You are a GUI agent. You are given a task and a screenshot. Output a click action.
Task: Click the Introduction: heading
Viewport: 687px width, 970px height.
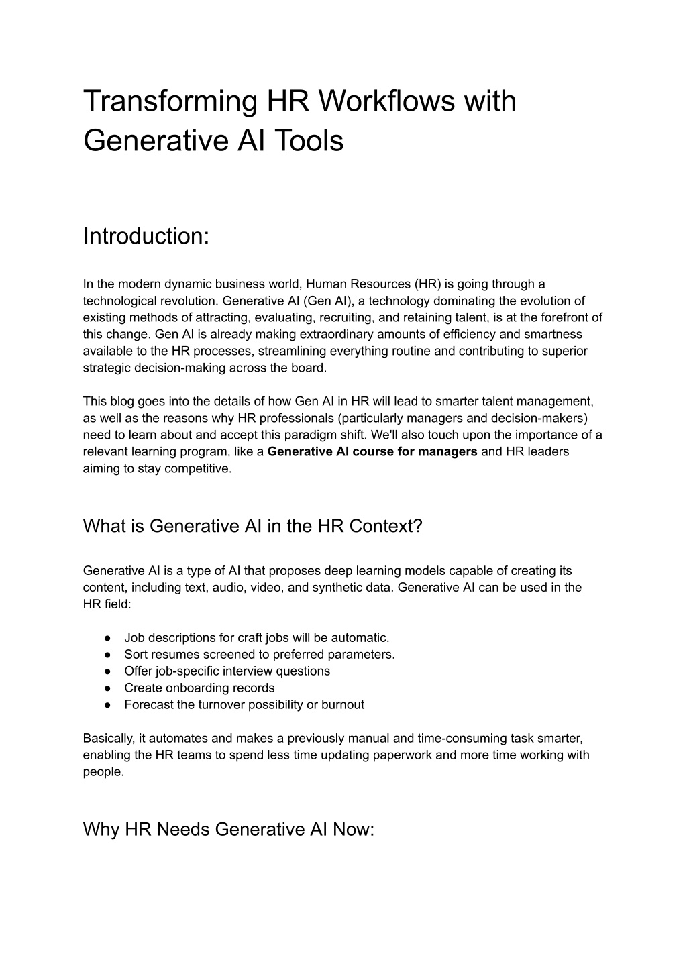pyautogui.click(x=146, y=236)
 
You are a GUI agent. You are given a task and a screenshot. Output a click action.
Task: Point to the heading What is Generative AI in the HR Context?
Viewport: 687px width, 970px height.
pyautogui.click(x=252, y=525)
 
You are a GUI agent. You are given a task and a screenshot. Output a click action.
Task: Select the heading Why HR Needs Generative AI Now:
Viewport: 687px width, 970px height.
pyautogui.click(x=228, y=829)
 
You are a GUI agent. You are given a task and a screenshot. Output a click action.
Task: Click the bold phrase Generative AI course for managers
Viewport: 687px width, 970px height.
pyautogui.click(x=372, y=451)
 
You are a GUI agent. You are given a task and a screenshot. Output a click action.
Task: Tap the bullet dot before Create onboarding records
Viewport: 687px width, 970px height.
pyautogui.click(x=107, y=688)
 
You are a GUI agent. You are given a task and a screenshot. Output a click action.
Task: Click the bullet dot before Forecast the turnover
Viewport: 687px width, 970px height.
pyautogui.click(x=107, y=705)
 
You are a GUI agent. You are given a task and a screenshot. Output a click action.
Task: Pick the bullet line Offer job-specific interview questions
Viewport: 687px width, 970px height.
pyautogui.click(x=227, y=671)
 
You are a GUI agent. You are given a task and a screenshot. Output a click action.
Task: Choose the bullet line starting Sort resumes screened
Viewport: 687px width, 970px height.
pyautogui.click(x=260, y=654)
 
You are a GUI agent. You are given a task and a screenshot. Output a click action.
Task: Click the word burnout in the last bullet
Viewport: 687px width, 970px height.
pyautogui.click(x=343, y=704)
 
